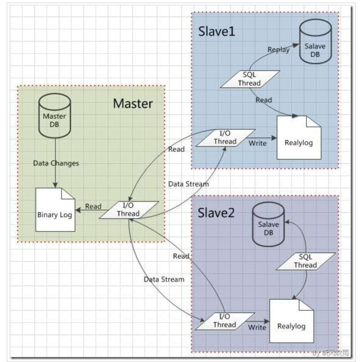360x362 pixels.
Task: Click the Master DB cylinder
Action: (x=55, y=116)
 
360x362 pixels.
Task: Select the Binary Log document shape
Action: (x=55, y=211)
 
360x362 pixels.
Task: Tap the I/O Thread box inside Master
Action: (x=129, y=210)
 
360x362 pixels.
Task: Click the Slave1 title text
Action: (x=217, y=31)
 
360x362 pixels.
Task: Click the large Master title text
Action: (x=133, y=103)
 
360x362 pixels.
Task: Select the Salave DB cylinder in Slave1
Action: (x=315, y=46)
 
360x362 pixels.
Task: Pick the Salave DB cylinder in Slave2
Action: (x=268, y=225)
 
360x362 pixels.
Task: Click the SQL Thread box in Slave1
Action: (x=249, y=79)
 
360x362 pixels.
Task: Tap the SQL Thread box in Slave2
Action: (x=305, y=261)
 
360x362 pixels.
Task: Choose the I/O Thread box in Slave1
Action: (x=225, y=138)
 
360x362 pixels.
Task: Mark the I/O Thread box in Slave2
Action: (x=225, y=321)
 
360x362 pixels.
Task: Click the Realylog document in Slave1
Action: (x=298, y=139)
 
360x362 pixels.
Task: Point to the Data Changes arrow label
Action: (x=56, y=163)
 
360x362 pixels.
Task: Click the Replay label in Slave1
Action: (x=279, y=50)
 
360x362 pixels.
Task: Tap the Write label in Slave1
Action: (x=257, y=143)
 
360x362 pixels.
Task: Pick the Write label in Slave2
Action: (x=257, y=327)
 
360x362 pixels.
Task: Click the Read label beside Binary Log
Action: (x=93, y=206)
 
